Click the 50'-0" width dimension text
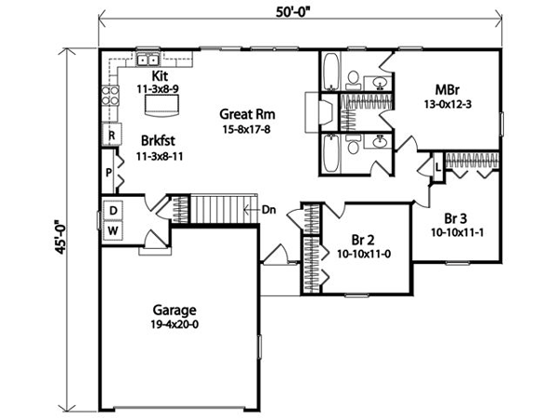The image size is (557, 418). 293,12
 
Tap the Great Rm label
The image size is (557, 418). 247,114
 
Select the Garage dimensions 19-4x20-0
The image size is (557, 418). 175,324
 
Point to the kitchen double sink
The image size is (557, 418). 148,59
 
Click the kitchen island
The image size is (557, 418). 162,105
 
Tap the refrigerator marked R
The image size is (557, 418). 112,135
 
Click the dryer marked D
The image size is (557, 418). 113,211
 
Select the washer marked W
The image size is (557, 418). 113,231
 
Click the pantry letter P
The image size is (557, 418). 109,173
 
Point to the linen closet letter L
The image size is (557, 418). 438,167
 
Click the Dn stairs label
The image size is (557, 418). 269,210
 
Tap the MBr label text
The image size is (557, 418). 447,90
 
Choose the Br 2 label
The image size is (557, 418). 363,240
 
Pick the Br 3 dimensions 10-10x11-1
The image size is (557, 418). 457,233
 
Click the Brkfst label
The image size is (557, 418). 158,140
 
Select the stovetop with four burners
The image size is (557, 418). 110,96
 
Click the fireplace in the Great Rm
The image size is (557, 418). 318,112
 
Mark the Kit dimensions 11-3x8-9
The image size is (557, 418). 158,89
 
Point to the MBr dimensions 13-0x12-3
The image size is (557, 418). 447,104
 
